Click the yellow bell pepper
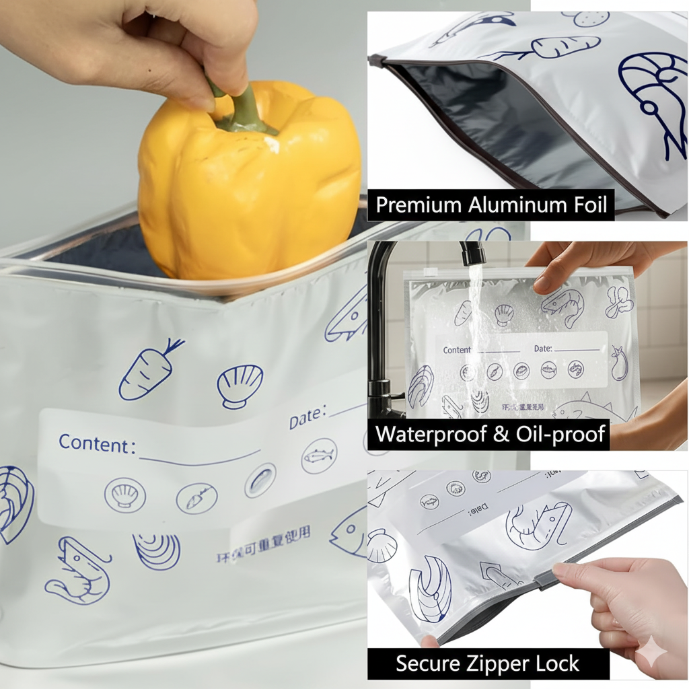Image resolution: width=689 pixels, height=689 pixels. [249, 188]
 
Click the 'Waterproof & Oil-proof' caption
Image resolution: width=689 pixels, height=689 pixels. [491, 434]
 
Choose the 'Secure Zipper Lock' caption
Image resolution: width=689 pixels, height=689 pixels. [488, 663]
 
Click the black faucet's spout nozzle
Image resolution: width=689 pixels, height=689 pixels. [474, 254]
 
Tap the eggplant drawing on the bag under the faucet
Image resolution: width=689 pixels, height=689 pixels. [618, 364]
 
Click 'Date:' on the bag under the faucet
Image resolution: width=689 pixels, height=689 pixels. [543, 349]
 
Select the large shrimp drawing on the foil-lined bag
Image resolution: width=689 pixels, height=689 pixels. [653, 101]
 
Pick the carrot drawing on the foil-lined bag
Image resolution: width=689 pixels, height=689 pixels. [565, 47]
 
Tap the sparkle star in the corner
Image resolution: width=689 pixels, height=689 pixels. [652, 651]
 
